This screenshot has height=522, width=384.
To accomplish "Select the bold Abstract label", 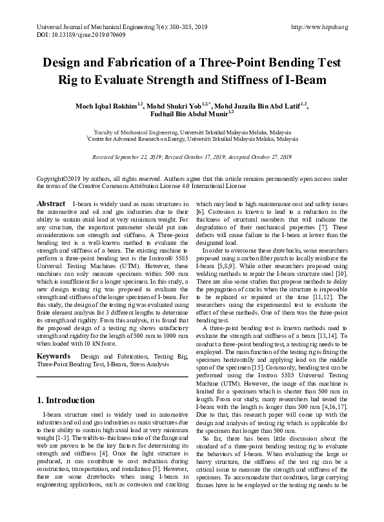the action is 51,204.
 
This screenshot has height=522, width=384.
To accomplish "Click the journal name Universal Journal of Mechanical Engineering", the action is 86,27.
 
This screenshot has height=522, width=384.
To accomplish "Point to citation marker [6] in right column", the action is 201,212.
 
